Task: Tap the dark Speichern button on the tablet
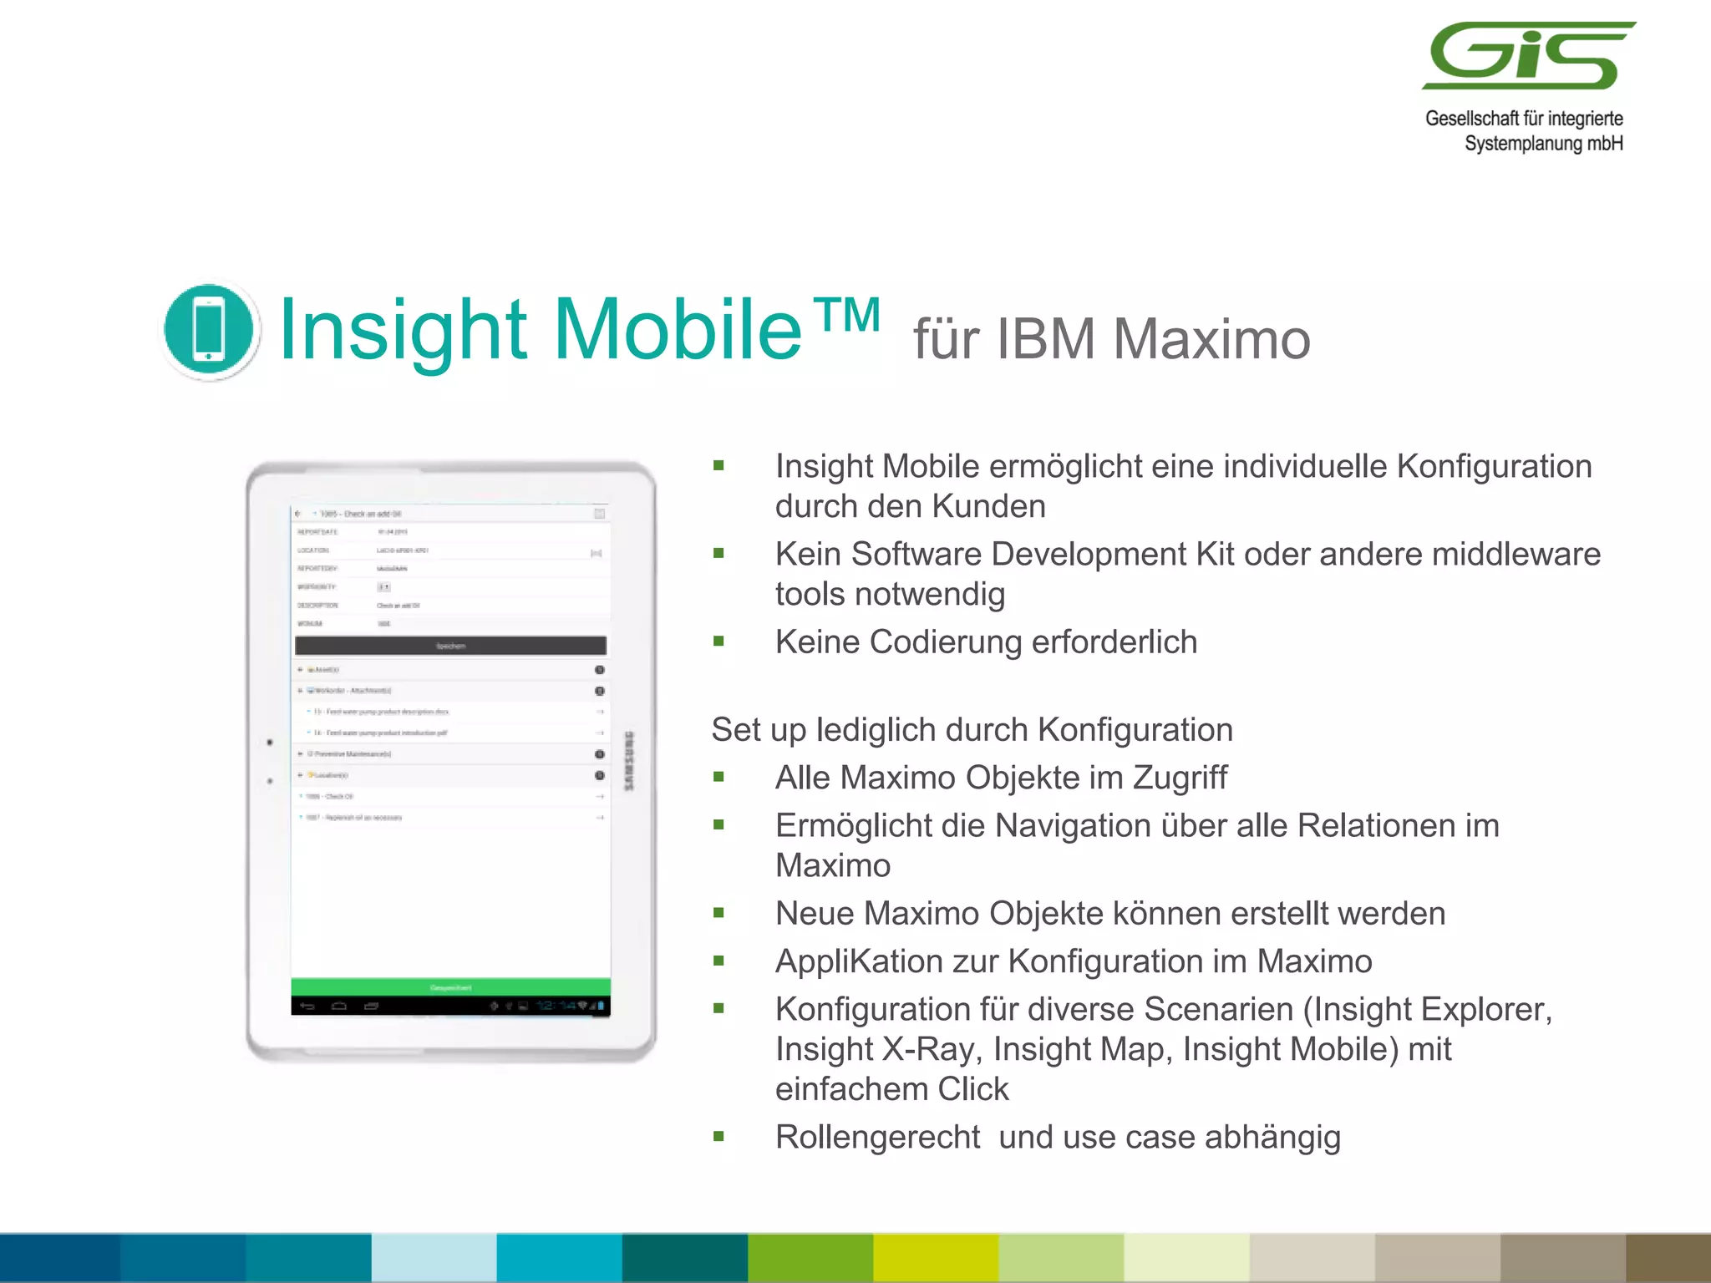point(450,646)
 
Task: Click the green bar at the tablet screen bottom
point(450,987)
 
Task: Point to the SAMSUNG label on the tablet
point(629,760)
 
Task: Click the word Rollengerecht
point(877,1137)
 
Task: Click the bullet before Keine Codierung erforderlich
point(718,641)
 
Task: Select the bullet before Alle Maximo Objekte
point(718,778)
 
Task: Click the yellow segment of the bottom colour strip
point(936,1258)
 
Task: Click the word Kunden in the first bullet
point(988,506)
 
